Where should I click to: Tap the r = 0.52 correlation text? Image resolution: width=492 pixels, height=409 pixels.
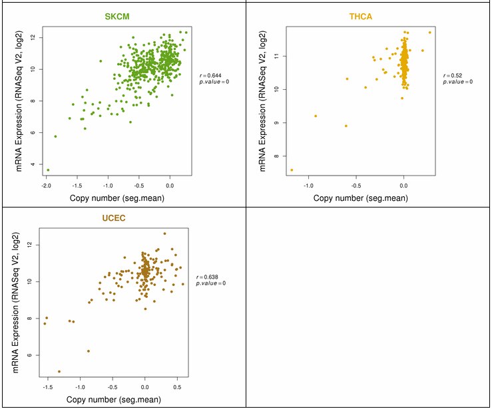click(x=456, y=75)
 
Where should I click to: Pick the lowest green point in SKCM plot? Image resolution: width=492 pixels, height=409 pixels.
click(x=47, y=170)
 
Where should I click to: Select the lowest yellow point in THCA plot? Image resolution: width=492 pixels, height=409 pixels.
click(x=292, y=170)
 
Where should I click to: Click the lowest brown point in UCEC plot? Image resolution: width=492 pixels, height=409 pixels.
click(x=59, y=372)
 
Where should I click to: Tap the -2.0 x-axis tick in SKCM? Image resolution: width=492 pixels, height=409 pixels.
click(x=46, y=186)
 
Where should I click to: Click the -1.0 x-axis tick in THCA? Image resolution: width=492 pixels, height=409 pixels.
click(x=309, y=186)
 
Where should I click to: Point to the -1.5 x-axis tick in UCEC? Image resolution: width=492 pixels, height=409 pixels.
click(x=48, y=388)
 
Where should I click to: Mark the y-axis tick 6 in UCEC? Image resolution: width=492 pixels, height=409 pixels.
click(x=29, y=355)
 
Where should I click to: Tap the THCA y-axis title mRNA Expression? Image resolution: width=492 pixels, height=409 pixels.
click(x=263, y=100)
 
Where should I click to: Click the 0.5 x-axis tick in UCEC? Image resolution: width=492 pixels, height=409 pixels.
click(x=177, y=388)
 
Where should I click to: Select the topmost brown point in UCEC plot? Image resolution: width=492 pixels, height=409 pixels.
click(x=164, y=233)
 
